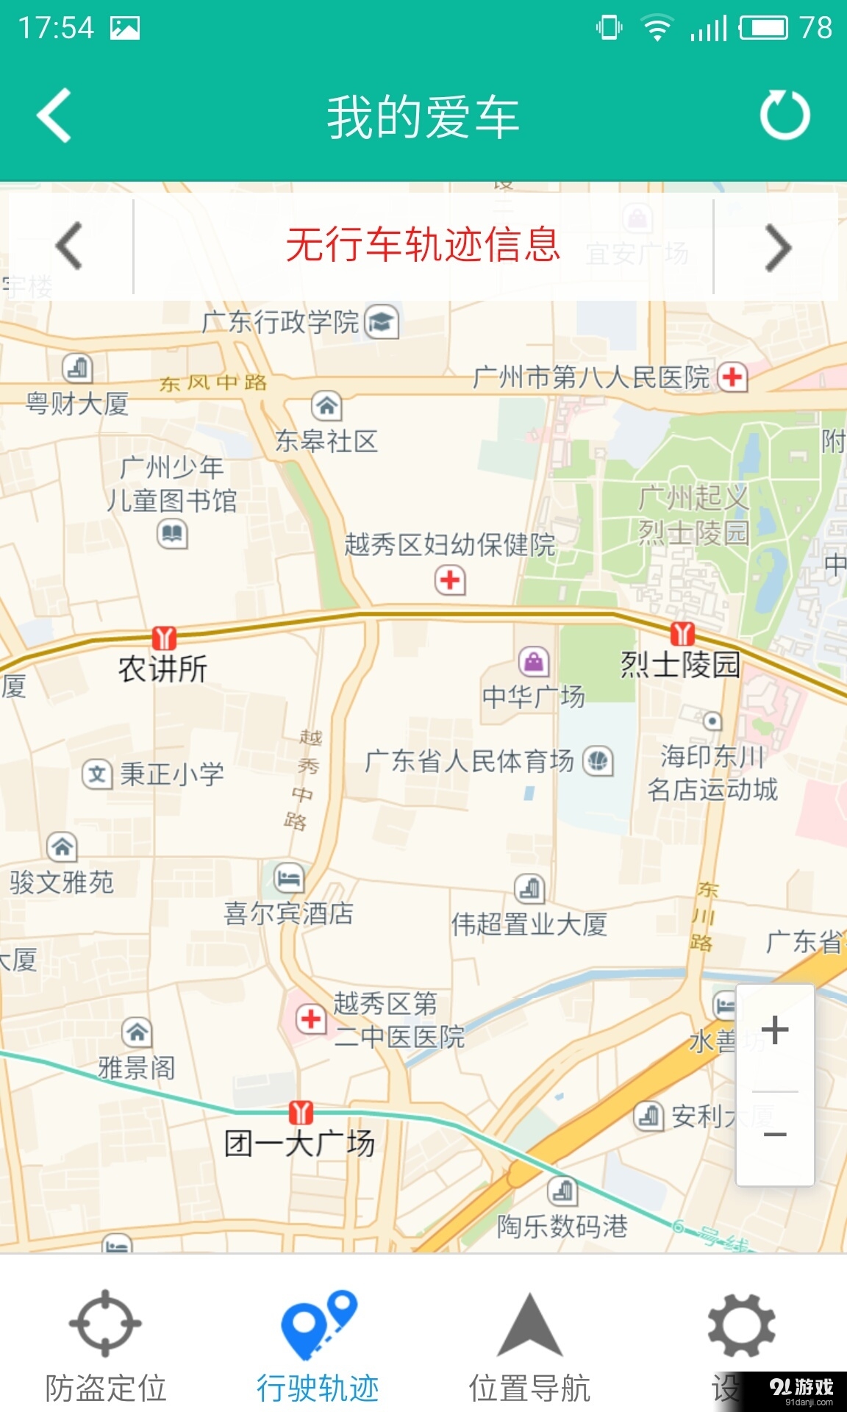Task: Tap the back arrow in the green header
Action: coord(55,115)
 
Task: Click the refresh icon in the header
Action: coord(785,115)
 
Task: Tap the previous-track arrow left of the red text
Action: coord(69,246)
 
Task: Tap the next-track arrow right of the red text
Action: coord(778,247)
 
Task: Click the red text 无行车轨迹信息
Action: coord(423,245)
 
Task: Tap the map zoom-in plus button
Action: coord(775,1030)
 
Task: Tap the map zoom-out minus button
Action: coord(775,1135)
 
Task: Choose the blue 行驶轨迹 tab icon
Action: coord(318,1324)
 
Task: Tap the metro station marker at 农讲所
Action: coord(164,638)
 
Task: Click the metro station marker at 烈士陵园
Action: coord(682,633)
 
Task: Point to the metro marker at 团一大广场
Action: coord(301,1112)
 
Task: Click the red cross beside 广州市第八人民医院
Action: coord(732,377)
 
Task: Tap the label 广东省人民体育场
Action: coord(469,761)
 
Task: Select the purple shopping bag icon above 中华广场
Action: coord(534,662)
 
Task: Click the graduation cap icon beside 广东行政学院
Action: coord(382,321)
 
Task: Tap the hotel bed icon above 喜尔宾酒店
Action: coord(288,877)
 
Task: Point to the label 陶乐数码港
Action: coord(562,1226)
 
